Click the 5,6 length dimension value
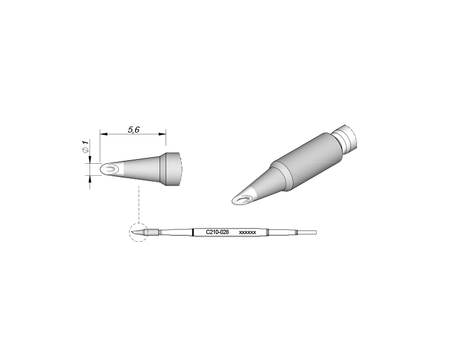pos(133,129)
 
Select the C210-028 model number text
pos(217,232)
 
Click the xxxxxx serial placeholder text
pos(248,232)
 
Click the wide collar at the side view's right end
pos(173,169)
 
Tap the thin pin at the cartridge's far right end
pos(308,232)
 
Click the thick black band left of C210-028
pos(193,232)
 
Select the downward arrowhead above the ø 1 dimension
pos(90,159)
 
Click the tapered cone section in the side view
pos(141,169)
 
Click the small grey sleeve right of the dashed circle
pos(153,232)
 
